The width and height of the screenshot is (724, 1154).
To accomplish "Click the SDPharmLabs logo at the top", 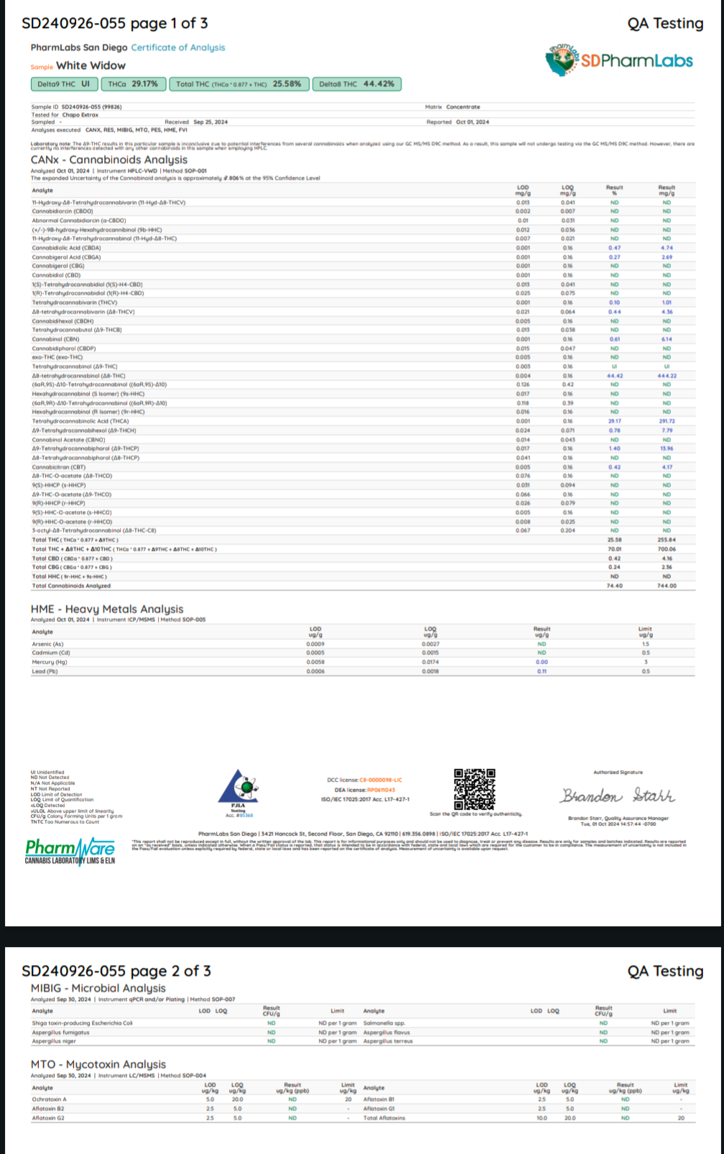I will [619, 60].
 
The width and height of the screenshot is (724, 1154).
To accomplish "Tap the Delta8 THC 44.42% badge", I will [356, 84].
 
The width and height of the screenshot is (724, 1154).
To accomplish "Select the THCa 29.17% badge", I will [133, 84].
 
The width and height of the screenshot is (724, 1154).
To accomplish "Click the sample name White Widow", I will [91, 65].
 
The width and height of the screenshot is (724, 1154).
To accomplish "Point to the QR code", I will [474, 789].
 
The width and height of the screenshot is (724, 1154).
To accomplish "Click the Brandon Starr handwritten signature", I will [617, 795].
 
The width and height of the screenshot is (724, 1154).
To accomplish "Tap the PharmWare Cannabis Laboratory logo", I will [70, 851].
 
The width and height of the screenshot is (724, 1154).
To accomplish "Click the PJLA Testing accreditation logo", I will [238, 792].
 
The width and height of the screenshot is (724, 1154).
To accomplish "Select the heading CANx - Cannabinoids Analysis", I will [108, 160].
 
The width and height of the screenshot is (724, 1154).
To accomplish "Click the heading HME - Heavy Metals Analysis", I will [106, 609].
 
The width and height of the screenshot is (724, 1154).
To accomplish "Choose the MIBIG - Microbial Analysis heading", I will [98, 988].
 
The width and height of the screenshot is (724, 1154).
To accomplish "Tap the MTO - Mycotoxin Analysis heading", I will [98, 1064].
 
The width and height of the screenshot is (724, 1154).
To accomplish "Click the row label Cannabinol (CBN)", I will [55, 339].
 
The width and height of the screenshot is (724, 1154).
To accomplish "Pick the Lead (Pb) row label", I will [45, 671].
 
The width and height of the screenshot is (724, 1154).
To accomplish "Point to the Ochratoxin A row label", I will [49, 1099].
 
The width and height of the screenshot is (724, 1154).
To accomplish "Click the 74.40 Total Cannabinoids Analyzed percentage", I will [614, 586].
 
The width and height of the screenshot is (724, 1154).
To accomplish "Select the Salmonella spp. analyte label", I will [384, 1023].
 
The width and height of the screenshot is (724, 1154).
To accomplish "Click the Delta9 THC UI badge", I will [63, 84].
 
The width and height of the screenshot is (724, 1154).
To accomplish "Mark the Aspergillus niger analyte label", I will [54, 1041].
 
